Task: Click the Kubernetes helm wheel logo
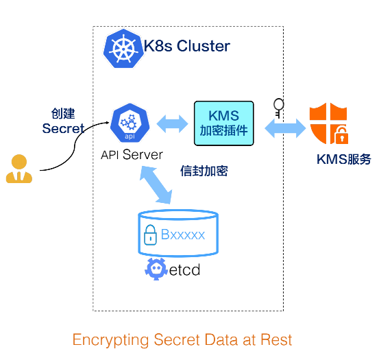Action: pos(123,49)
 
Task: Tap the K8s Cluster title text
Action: pos(187,46)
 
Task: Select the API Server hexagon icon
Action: pos(130,123)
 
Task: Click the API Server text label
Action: pos(132,154)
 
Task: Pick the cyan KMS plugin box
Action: pos(224,123)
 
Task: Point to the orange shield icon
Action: pos(329,123)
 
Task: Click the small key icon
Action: pos(278,108)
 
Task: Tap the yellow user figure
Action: pos(19,169)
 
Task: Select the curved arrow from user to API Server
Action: pos(74,146)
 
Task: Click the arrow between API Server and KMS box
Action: pos(172,124)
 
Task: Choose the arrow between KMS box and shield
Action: pos(285,128)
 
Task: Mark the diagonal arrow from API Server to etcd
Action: pos(156,184)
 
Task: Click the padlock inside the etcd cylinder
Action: pos(150,235)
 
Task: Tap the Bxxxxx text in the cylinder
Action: pos(183,235)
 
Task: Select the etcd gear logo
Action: pos(156,269)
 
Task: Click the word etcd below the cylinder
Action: pos(184,269)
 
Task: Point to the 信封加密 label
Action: pos(204,171)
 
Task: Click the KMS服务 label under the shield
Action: pos(344,159)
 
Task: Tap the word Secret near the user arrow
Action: pos(63,128)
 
